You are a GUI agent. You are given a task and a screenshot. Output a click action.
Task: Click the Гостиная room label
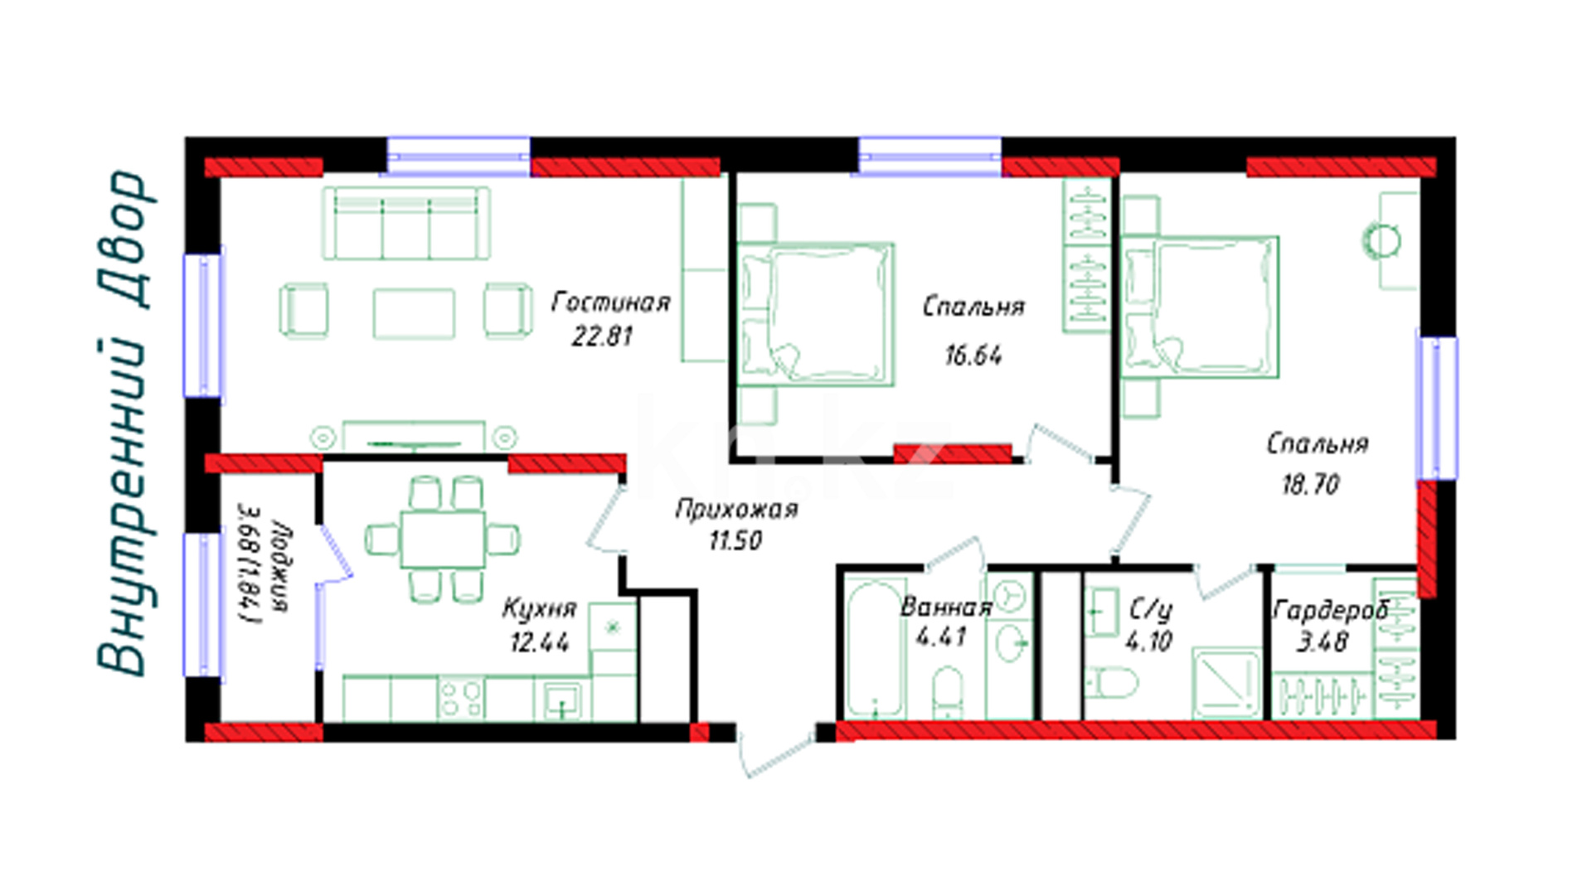pyautogui.click(x=611, y=302)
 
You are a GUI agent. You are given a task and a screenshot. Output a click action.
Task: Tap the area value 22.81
pyautogui.click(x=603, y=336)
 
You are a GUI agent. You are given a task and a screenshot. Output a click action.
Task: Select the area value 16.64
pyautogui.click(x=973, y=356)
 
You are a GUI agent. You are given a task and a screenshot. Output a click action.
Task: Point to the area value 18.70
pyautogui.click(x=1311, y=484)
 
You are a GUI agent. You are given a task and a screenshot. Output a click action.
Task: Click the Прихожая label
pyautogui.click(x=736, y=509)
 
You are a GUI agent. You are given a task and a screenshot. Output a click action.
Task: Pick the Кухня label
pyautogui.click(x=539, y=609)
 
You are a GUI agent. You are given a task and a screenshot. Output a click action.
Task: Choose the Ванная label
pyautogui.click(x=946, y=607)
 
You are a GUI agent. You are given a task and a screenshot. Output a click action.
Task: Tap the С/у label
pyautogui.click(x=1151, y=611)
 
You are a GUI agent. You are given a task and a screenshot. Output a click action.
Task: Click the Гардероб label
pyautogui.click(x=1330, y=612)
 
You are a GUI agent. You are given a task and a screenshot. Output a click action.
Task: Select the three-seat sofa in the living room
pyautogui.click(x=405, y=223)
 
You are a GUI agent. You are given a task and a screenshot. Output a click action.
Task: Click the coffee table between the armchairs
pyautogui.click(x=414, y=313)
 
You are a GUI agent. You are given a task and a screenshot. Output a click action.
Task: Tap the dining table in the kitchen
pyautogui.click(x=443, y=539)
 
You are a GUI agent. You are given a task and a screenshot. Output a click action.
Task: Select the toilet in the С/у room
pyautogui.click(x=1111, y=683)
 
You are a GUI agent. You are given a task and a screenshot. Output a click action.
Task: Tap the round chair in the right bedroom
pyautogui.click(x=1382, y=241)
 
